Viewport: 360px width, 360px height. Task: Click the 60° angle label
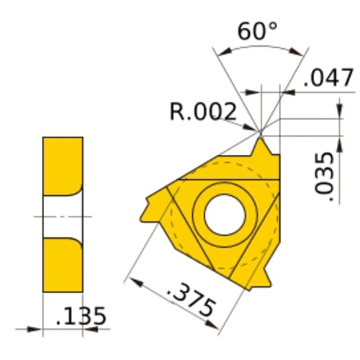click(x=257, y=31)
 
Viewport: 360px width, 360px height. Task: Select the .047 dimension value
click(x=328, y=77)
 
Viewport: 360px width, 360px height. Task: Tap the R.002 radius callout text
click(x=203, y=112)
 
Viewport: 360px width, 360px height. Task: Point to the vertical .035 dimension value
click(x=324, y=176)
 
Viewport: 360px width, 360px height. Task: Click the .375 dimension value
click(x=190, y=298)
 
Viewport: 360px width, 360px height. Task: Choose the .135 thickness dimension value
click(x=81, y=315)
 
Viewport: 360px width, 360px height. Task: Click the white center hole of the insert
click(x=225, y=215)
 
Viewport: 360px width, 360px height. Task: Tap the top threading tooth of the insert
click(x=261, y=147)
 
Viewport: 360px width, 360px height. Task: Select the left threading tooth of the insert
click(x=153, y=207)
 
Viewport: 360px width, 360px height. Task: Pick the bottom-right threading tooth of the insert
click(x=261, y=279)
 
